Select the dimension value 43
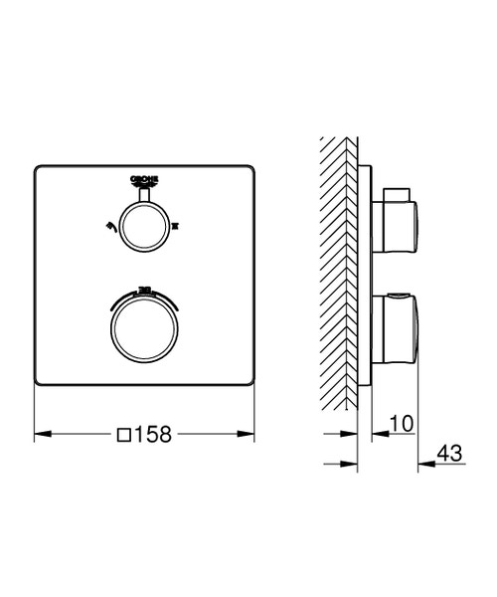pos(449,454)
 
